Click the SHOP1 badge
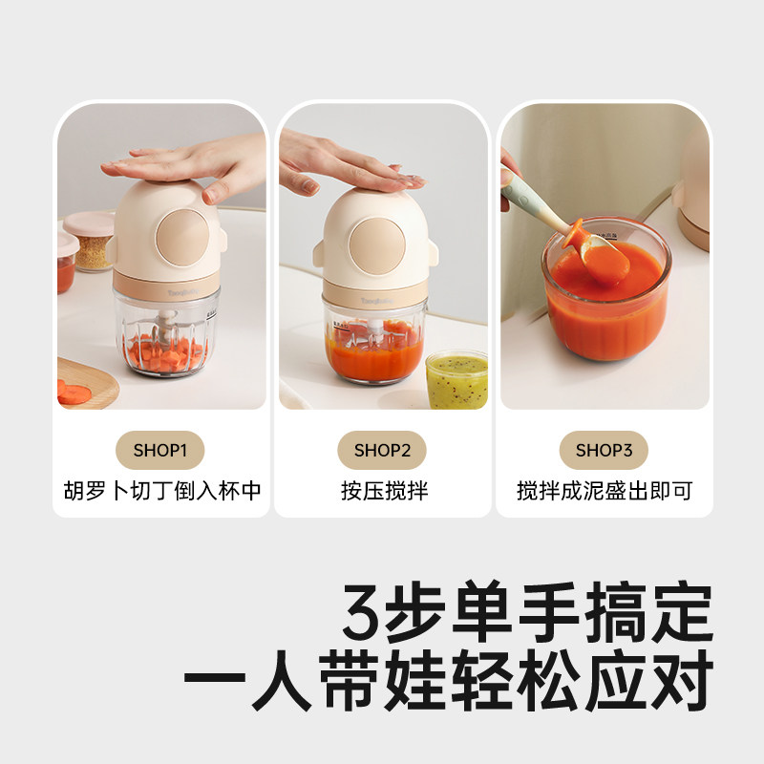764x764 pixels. (159, 450)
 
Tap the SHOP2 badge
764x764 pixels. (382, 450)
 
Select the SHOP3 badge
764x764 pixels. (604, 450)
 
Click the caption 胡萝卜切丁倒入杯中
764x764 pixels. (159, 492)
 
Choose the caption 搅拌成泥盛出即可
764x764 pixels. (604, 492)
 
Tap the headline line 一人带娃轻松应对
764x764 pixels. (449, 681)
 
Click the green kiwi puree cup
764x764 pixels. (456, 379)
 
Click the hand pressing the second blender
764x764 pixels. (344, 167)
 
